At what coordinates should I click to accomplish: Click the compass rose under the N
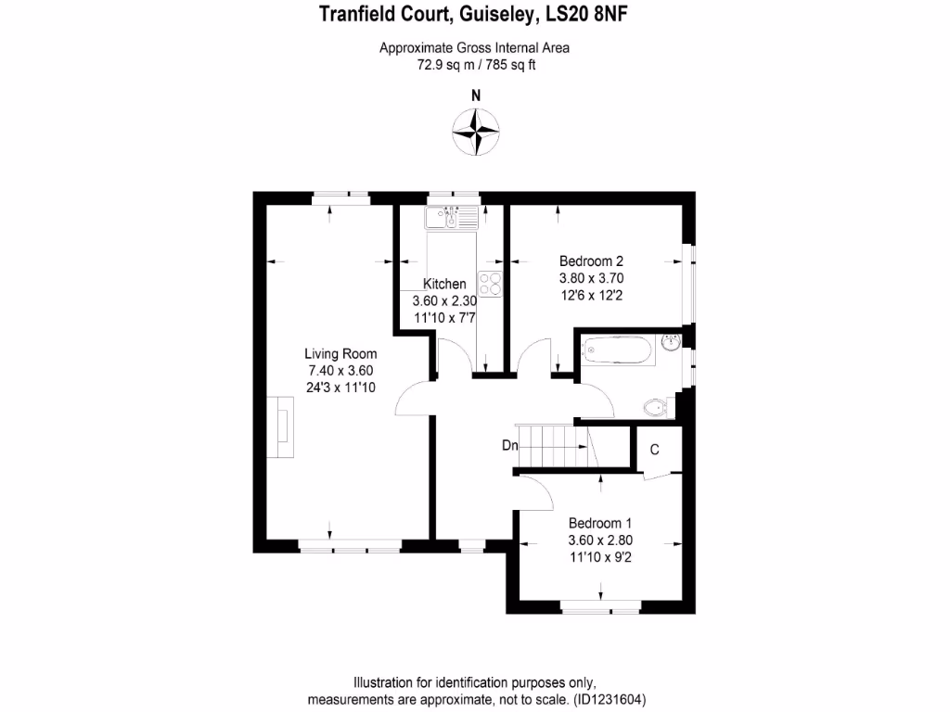pos(476,131)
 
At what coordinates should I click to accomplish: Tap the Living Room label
pos(340,353)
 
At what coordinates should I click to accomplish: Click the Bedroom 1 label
pos(599,522)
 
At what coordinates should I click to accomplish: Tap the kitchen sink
pos(451,219)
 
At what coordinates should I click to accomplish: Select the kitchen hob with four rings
pos(490,283)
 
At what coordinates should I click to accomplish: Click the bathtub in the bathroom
pos(617,350)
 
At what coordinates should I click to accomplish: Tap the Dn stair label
pos(509,445)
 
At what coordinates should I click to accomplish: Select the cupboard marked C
pos(654,451)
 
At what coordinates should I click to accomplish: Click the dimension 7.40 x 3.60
pos(340,370)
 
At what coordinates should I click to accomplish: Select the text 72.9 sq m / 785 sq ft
pos(474,65)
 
